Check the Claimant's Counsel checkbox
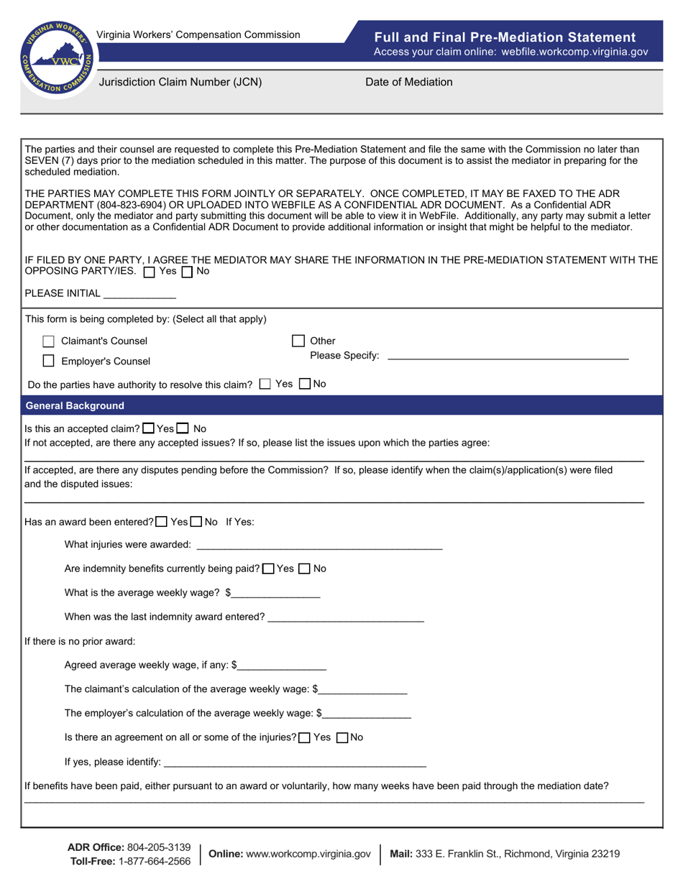(49, 341)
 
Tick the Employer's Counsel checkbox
(49, 361)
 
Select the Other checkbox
(298, 341)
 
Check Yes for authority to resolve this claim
(265, 384)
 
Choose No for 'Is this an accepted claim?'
(183, 428)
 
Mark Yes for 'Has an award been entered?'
(162, 522)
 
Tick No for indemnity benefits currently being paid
(304, 568)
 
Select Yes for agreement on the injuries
(304, 737)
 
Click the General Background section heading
(75, 406)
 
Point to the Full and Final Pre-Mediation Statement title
(505, 37)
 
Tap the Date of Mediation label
(409, 82)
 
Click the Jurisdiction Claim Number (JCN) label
(180, 82)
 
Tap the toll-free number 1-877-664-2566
(153, 861)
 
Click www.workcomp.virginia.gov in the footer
(308, 854)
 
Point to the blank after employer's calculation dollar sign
(368, 714)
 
